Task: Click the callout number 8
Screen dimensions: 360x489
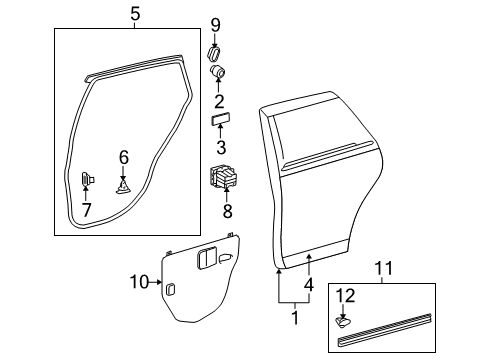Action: (x=226, y=211)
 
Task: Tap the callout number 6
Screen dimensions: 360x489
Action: (x=124, y=156)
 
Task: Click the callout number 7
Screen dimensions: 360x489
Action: (x=85, y=210)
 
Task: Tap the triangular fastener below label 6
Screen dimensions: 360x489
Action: (x=123, y=186)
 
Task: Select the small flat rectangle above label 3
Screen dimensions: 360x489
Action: (x=220, y=119)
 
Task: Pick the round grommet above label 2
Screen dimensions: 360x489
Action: (x=218, y=72)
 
